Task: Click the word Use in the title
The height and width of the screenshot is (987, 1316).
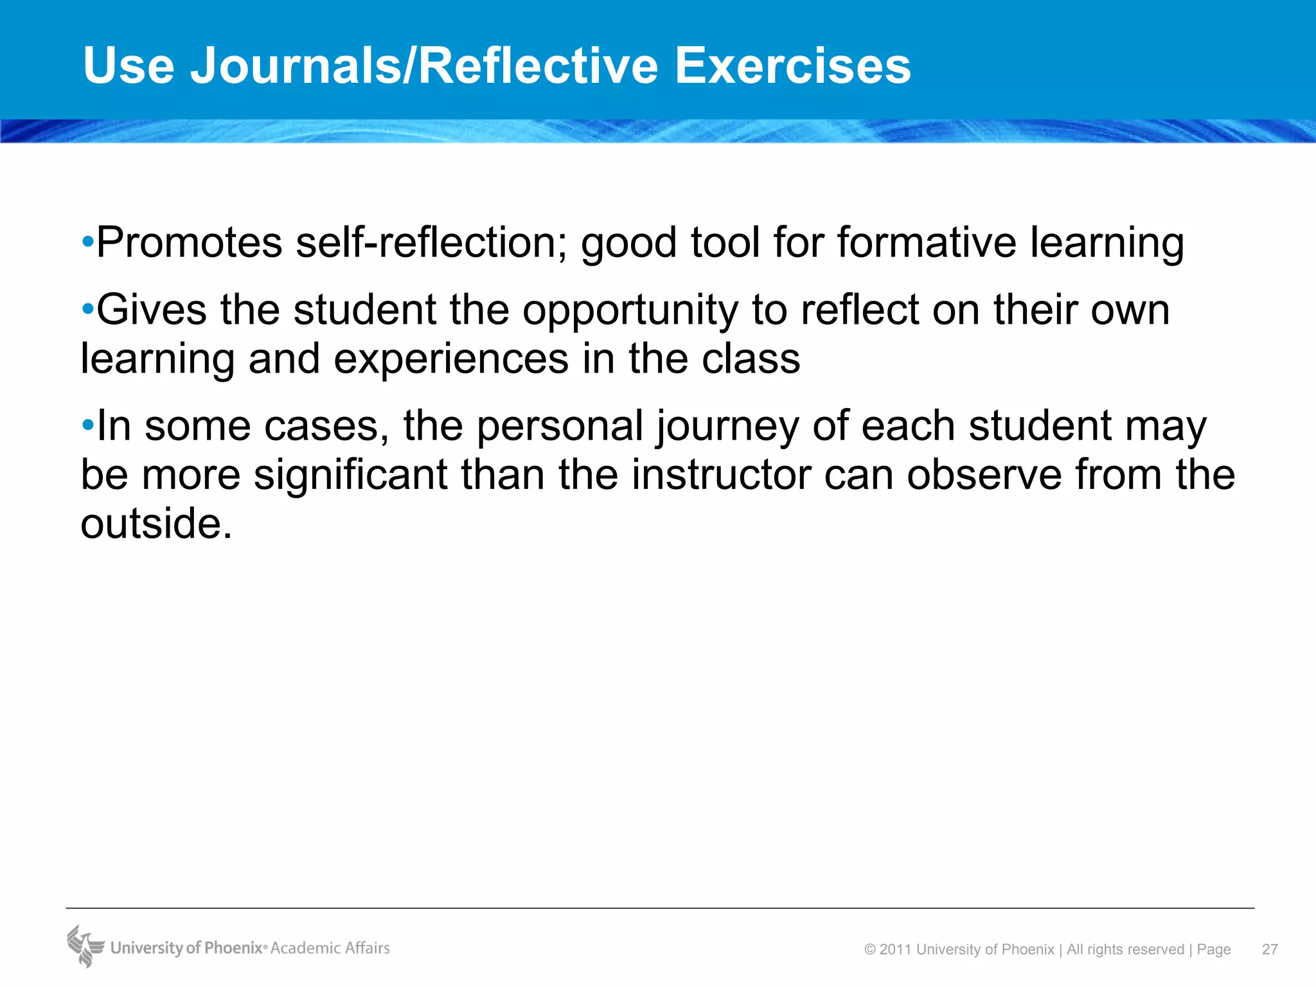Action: tap(129, 66)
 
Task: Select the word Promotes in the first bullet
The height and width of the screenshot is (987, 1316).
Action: tap(190, 242)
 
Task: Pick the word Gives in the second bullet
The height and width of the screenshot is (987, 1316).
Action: tap(152, 310)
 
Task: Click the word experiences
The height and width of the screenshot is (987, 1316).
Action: tap(451, 359)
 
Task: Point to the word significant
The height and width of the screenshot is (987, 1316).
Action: tap(351, 475)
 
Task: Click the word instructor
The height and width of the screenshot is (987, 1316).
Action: tap(720, 475)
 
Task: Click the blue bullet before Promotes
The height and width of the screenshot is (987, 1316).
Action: tap(88, 242)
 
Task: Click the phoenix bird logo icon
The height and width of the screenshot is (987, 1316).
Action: tap(85, 946)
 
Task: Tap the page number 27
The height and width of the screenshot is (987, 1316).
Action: tap(1270, 949)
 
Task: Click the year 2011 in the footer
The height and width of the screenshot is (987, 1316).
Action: tap(896, 949)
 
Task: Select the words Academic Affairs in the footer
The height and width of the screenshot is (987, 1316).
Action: tap(330, 948)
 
